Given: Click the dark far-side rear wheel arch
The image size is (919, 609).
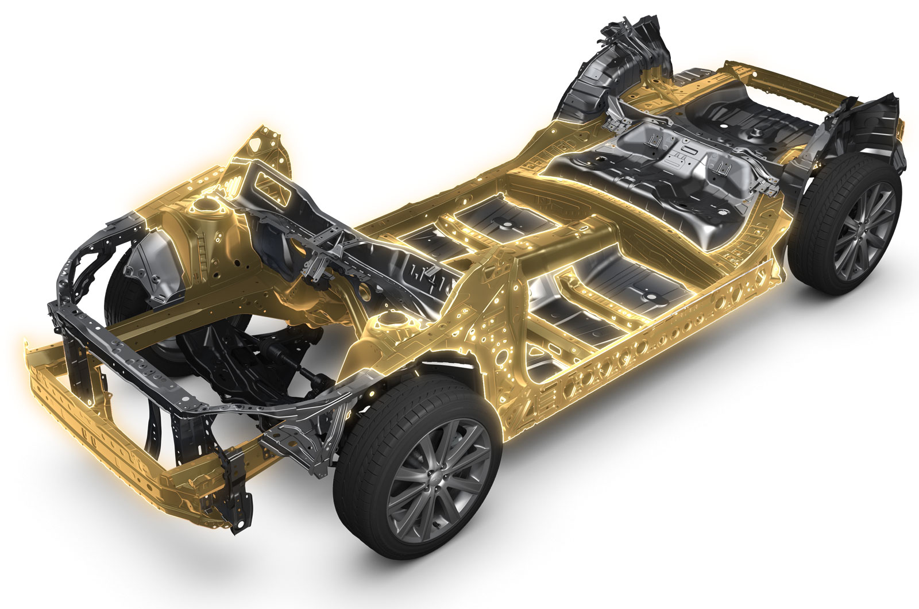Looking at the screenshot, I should (615, 75).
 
